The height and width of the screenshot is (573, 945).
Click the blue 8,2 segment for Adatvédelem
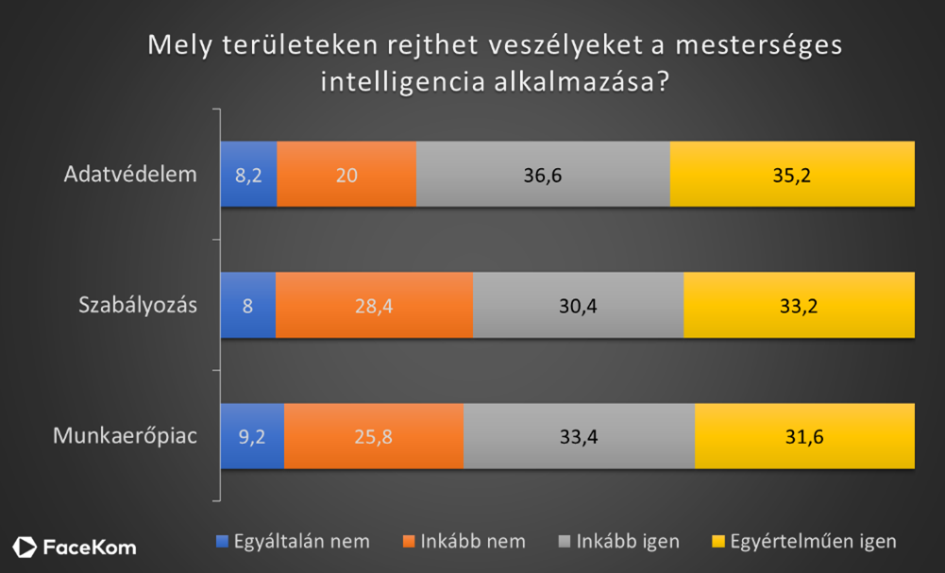248,174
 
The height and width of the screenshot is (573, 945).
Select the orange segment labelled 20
346,174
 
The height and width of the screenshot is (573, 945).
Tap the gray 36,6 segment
543,174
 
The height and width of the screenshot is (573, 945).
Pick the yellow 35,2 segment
792,174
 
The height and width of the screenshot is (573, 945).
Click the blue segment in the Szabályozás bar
247,305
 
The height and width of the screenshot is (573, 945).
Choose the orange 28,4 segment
374,305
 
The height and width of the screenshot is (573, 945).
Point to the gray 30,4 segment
578,305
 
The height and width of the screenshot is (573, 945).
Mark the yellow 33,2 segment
799,305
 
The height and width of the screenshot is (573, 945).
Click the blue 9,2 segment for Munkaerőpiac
251,435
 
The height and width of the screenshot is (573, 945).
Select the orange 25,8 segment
373,435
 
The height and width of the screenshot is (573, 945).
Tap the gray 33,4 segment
579,435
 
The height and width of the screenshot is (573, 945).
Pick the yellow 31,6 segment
804,435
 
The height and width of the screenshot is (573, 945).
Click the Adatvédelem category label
130,175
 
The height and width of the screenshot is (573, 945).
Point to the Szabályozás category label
137,305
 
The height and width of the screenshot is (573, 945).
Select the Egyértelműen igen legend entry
803,542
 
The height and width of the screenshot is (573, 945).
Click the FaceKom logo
76,547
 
